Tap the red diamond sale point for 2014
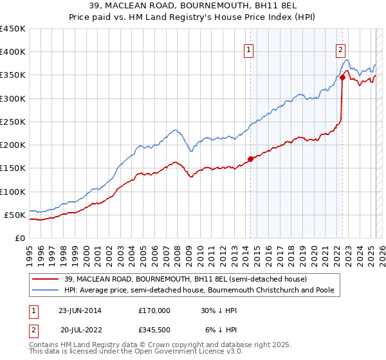click(250, 159)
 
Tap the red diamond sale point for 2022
click(342, 78)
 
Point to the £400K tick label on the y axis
click(13, 52)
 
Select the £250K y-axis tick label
click(13, 122)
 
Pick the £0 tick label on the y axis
click(20, 238)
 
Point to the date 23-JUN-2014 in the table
click(80, 310)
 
